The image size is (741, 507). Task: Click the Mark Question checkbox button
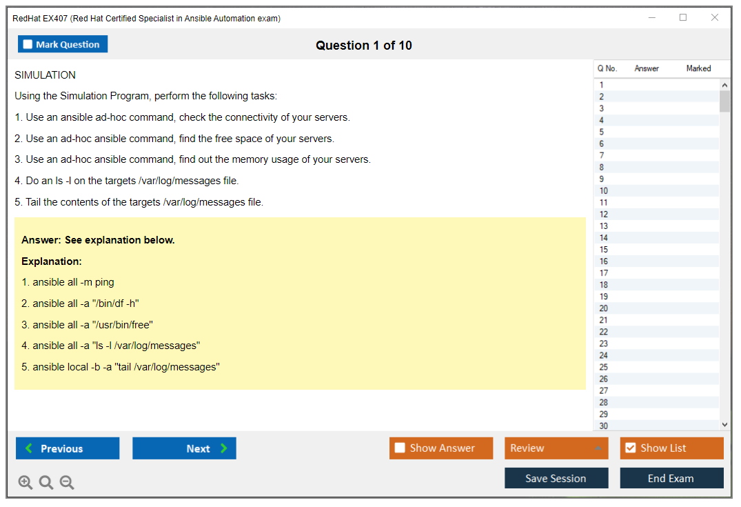click(63, 44)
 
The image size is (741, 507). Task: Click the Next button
click(184, 448)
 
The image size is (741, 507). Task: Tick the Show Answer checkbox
click(400, 448)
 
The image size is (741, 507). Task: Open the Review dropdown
click(556, 448)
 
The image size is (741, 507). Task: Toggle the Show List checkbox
click(631, 448)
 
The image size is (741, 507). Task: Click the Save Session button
click(556, 478)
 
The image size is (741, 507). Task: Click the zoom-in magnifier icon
click(26, 482)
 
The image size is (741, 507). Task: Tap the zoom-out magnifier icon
click(67, 482)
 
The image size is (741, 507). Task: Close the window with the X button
click(715, 17)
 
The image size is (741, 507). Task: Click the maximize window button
click(683, 17)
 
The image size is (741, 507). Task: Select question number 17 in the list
click(603, 273)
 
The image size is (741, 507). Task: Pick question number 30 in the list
click(603, 426)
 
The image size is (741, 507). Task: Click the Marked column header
click(698, 68)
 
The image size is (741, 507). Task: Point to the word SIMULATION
click(45, 75)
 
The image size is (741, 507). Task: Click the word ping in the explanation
click(105, 282)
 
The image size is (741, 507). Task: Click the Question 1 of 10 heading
click(364, 46)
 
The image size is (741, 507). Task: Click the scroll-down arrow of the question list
click(724, 425)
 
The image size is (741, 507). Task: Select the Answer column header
click(647, 68)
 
